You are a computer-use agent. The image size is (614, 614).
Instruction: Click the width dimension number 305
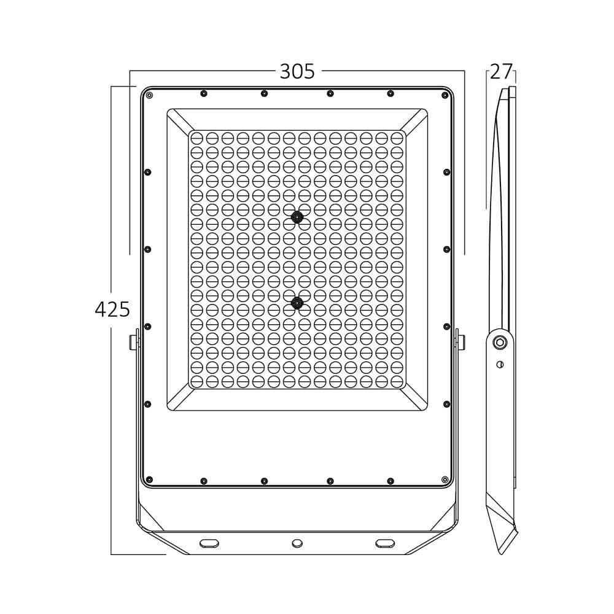pyautogui.click(x=297, y=72)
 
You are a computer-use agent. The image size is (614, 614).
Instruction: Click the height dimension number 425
pyautogui.click(x=112, y=309)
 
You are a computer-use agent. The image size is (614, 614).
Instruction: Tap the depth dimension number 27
pyautogui.click(x=501, y=72)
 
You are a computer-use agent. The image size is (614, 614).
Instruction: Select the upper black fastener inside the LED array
pyautogui.click(x=298, y=217)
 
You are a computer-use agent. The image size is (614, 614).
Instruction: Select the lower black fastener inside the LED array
pyautogui.click(x=298, y=302)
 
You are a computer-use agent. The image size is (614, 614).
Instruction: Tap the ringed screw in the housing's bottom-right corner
pyautogui.click(x=445, y=479)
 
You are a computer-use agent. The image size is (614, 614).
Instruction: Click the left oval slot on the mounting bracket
pyautogui.click(x=209, y=543)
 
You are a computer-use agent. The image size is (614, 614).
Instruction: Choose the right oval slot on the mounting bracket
pyautogui.click(x=386, y=543)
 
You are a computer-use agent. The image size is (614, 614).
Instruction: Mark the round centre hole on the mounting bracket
pyautogui.click(x=297, y=543)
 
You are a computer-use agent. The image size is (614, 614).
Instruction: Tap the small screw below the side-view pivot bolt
pyautogui.click(x=500, y=365)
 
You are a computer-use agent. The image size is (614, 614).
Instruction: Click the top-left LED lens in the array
pyautogui.click(x=197, y=138)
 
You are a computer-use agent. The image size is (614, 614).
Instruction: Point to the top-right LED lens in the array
pyautogui.click(x=397, y=138)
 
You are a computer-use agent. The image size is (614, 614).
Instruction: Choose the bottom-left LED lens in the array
pyautogui.click(x=197, y=381)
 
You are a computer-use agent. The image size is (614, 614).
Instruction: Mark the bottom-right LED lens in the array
pyautogui.click(x=397, y=381)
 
